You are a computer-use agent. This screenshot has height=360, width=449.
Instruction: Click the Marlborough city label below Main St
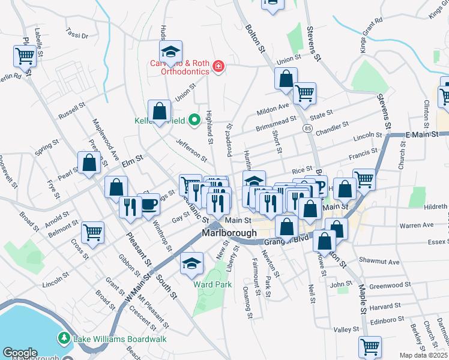point(229,233)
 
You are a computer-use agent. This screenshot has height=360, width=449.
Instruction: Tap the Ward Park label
point(212,285)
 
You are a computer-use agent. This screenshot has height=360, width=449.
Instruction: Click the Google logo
point(20,353)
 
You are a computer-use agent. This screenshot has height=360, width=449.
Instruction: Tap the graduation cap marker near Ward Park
point(192,264)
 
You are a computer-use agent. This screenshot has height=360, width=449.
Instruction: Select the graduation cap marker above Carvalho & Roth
point(170,53)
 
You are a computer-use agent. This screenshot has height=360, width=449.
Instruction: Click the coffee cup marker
point(149,206)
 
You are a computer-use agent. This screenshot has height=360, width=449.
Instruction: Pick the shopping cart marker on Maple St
point(370,346)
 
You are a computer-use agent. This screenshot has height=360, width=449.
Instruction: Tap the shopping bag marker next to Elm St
point(89,163)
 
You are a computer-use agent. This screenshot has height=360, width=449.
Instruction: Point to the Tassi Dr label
point(76,35)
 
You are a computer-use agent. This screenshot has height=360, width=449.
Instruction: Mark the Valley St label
point(346,329)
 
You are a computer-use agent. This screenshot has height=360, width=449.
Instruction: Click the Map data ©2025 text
point(423,355)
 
